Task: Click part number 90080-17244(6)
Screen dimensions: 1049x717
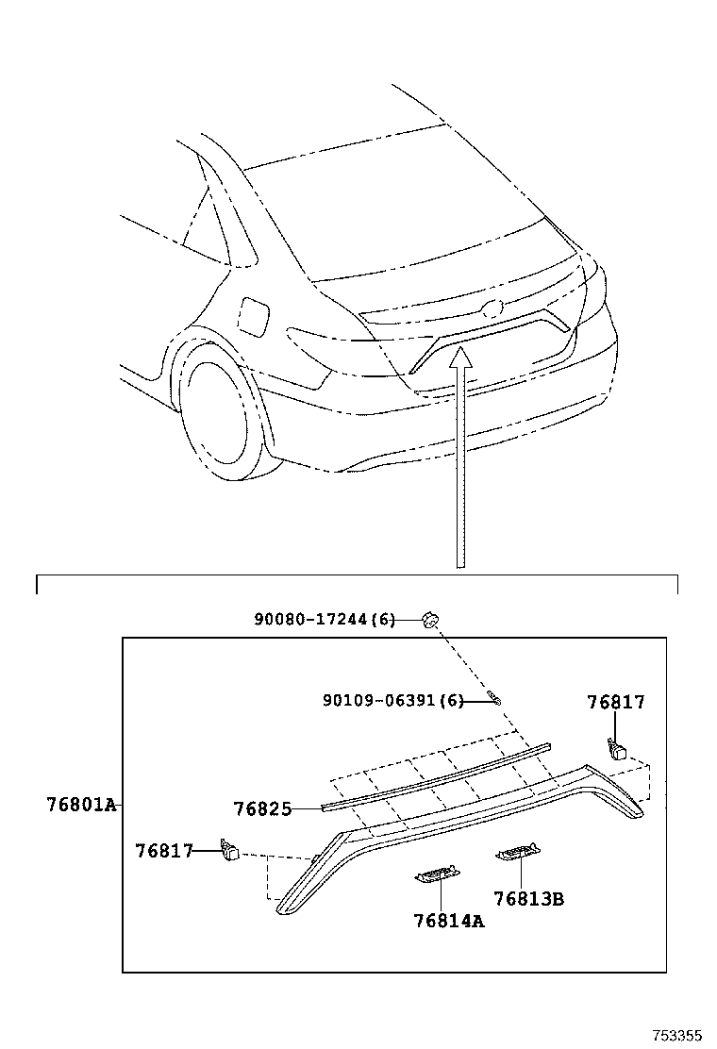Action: pos(325,620)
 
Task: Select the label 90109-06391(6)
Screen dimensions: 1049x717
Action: pos(393,700)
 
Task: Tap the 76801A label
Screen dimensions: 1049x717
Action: pos(81,805)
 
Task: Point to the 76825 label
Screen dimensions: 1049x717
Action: pos(262,808)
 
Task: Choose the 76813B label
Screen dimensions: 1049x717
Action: pos(528,899)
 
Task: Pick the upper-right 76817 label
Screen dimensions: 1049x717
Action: pos(616,702)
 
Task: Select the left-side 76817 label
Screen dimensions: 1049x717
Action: pos(164,851)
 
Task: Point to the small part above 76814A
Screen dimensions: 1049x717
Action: pos(437,874)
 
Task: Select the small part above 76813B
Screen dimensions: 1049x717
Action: pos(518,855)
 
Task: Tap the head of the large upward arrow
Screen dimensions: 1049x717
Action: pos(459,358)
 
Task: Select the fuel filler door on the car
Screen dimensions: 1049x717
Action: pos(253,315)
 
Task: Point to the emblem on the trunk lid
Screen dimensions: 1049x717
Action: pos(491,308)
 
